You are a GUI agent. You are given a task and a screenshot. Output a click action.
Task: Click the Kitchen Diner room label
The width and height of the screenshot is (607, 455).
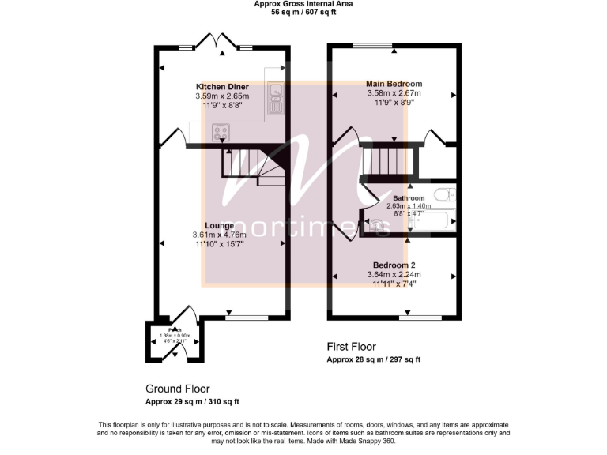point(222,86)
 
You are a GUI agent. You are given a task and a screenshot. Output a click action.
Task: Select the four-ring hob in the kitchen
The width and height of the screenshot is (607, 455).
point(219,133)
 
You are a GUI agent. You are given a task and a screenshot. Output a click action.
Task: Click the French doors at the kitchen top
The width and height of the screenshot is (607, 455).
point(215,45)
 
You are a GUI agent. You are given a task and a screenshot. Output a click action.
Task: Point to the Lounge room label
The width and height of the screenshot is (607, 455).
point(219,225)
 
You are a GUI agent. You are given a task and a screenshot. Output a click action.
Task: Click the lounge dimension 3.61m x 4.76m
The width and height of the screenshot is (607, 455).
point(219,235)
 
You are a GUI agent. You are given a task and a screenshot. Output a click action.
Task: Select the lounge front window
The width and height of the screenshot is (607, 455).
point(242,318)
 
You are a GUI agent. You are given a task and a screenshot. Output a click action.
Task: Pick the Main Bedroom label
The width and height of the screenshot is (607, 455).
point(394,83)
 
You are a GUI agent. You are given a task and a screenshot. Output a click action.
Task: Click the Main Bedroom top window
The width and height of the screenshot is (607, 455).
point(373,45)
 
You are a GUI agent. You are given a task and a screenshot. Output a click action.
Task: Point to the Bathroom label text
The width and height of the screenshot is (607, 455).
point(409,198)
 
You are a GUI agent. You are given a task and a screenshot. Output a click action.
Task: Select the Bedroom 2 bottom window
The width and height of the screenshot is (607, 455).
point(420,318)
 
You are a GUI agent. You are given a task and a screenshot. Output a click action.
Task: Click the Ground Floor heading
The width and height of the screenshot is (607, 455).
point(177,389)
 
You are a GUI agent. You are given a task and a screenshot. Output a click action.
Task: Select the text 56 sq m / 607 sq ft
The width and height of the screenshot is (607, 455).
point(303,13)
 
